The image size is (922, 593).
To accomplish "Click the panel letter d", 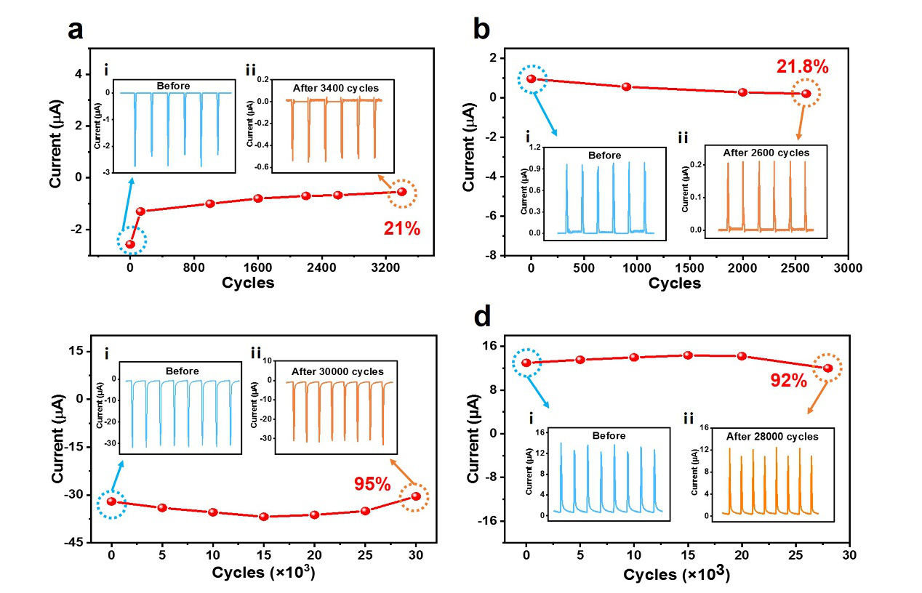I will coord(483,317).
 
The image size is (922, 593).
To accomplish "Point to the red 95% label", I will coord(372,483).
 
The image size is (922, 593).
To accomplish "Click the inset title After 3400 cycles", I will coord(336,88).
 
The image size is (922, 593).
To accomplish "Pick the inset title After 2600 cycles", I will coord(766,153).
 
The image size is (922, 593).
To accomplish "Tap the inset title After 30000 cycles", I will coord(337,371).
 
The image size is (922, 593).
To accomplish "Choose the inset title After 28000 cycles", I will coord(772,437).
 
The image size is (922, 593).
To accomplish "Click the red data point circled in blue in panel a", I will coord(131,244).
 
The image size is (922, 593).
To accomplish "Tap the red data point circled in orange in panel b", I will coord(806,94).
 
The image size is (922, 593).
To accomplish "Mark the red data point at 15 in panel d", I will coord(687,355).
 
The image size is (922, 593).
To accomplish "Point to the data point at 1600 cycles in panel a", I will coord(258,198).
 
